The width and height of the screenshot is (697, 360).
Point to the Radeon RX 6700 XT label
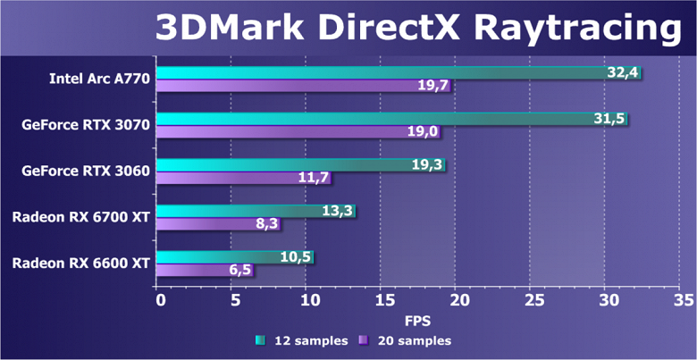[80, 215]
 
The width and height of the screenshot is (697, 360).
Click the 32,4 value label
[622, 72]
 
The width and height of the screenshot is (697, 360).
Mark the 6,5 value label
[239, 271]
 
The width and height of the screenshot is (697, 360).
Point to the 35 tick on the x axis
[684, 299]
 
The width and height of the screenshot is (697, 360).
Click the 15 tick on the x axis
[383, 299]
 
